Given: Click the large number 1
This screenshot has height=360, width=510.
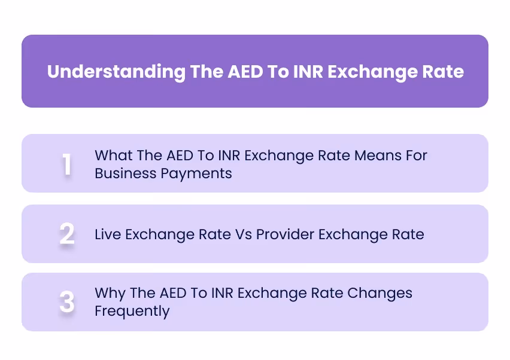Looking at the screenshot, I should (67, 164).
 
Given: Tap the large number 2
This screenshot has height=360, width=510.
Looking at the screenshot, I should (67, 234).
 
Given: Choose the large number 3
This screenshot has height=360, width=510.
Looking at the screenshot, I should (67, 303).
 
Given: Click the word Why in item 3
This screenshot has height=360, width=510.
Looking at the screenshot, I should (109, 294).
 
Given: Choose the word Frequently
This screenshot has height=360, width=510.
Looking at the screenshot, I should (132, 312).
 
